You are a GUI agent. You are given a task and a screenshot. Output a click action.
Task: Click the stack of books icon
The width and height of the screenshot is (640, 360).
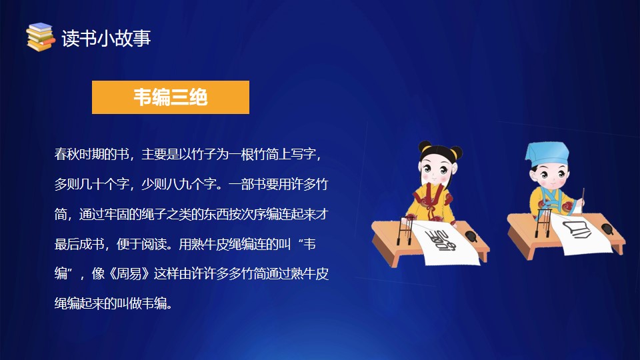[x=40, y=37]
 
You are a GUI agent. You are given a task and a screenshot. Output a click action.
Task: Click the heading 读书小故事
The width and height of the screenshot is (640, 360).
[x=107, y=39]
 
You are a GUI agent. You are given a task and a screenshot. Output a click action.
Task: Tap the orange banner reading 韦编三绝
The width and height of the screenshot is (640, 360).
[x=171, y=97]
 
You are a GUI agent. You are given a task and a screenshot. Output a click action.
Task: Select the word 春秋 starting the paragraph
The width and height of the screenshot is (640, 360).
[x=67, y=154]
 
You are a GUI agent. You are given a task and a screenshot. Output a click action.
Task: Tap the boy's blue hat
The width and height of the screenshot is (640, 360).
[x=547, y=153]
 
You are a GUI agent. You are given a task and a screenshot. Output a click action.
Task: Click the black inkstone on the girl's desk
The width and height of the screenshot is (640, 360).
[x=471, y=236]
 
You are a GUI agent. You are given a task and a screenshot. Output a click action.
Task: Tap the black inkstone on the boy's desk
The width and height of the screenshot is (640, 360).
[x=607, y=229]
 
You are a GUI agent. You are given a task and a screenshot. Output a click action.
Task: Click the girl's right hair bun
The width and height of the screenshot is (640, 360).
[x=456, y=152]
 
